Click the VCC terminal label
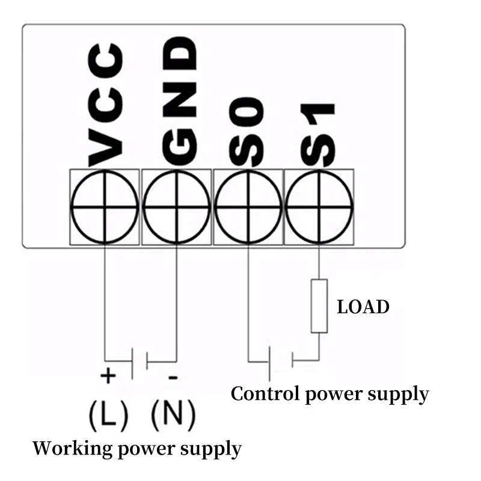click(106, 105)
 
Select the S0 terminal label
click(247, 132)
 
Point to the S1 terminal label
click(317, 135)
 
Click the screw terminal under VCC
click(105, 207)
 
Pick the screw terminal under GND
click(176, 207)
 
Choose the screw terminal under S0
click(248, 207)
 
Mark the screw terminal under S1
click(319, 207)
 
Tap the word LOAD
click(363, 307)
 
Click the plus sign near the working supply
click(108, 375)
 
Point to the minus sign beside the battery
click(173, 377)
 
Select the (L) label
click(108, 415)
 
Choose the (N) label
click(173, 415)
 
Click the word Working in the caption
click(72, 449)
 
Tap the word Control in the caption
click(265, 394)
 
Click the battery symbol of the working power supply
click(139, 363)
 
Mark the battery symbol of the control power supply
click(281, 363)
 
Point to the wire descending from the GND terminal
click(176, 303)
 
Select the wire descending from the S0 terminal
click(248, 303)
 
